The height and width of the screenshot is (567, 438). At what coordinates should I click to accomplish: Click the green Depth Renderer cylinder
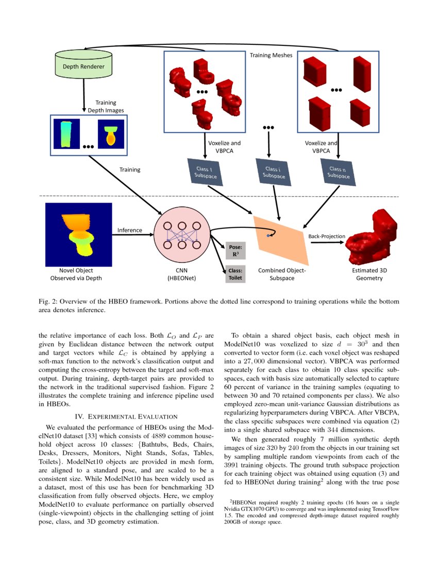pos(83,65)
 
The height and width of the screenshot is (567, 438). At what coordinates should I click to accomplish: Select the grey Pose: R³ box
pos(235,251)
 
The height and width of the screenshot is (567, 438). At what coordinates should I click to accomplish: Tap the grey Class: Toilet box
pos(235,274)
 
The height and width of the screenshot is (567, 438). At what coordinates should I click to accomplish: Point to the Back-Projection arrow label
pos(326,236)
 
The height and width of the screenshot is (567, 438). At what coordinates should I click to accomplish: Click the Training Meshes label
pos(271,55)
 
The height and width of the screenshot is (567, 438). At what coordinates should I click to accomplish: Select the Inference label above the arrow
pos(130,230)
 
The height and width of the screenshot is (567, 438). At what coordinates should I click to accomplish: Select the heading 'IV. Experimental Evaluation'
pos(126,416)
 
